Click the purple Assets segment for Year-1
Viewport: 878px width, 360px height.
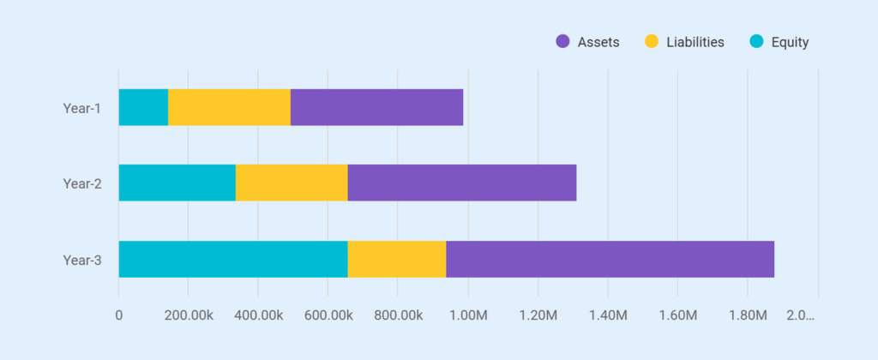coord(376,107)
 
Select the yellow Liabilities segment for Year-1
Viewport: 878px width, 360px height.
coord(229,107)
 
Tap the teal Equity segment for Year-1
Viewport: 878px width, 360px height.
coord(143,107)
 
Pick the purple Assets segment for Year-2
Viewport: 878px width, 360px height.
coord(461,183)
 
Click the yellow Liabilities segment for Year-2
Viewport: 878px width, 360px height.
coord(292,183)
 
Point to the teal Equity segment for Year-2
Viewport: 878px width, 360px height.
coord(177,183)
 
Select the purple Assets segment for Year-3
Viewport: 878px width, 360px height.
coord(610,259)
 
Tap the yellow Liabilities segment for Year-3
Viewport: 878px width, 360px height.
coord(396,259)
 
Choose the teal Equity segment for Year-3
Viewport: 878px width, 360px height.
coord(232,259)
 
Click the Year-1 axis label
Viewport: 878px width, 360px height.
coord(82,108)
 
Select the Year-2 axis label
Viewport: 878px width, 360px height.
coord(82,183)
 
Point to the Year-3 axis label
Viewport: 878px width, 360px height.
coord(82,260)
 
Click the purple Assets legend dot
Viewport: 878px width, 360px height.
coord(563,42)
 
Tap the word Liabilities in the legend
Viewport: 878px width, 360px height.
coord(695,42)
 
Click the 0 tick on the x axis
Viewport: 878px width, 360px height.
coord(118,315)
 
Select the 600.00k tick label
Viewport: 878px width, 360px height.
coord(328,315)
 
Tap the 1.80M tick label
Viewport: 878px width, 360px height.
coord(748,315)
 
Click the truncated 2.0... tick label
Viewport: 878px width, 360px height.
coord(801,315)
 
